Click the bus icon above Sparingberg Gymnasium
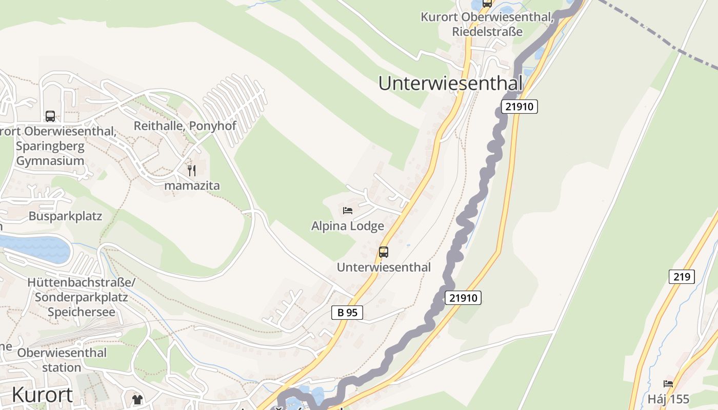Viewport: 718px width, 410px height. click(x=50, y=116)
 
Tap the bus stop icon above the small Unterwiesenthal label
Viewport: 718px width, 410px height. click(x=384, y=252)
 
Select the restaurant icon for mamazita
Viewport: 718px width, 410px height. click(x=191, y=170)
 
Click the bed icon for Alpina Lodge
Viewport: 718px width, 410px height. click(x=348, y=211)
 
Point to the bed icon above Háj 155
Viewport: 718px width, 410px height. click(x=668, y=383)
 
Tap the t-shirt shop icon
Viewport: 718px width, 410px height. click(x=137, y=400)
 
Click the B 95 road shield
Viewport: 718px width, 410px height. click(x=347, y=313)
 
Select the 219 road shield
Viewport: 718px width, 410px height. click(x=681, y=277)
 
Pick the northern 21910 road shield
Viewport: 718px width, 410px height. click(x=519, y=107)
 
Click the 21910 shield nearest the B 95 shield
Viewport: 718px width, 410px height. click(x=463, y=298)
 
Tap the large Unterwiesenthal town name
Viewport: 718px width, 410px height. click(x=450, y=83)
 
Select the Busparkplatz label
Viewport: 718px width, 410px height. click(x=65, y=216)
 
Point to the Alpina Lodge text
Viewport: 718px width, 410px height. click(x=348, y=226)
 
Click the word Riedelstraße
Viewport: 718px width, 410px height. click(x=487, y=32)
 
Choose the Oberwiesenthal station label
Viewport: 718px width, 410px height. click(x=62, y=360)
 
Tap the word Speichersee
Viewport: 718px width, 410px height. click(x=82, y=312)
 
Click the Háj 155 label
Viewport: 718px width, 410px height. click(x=668, y=399)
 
